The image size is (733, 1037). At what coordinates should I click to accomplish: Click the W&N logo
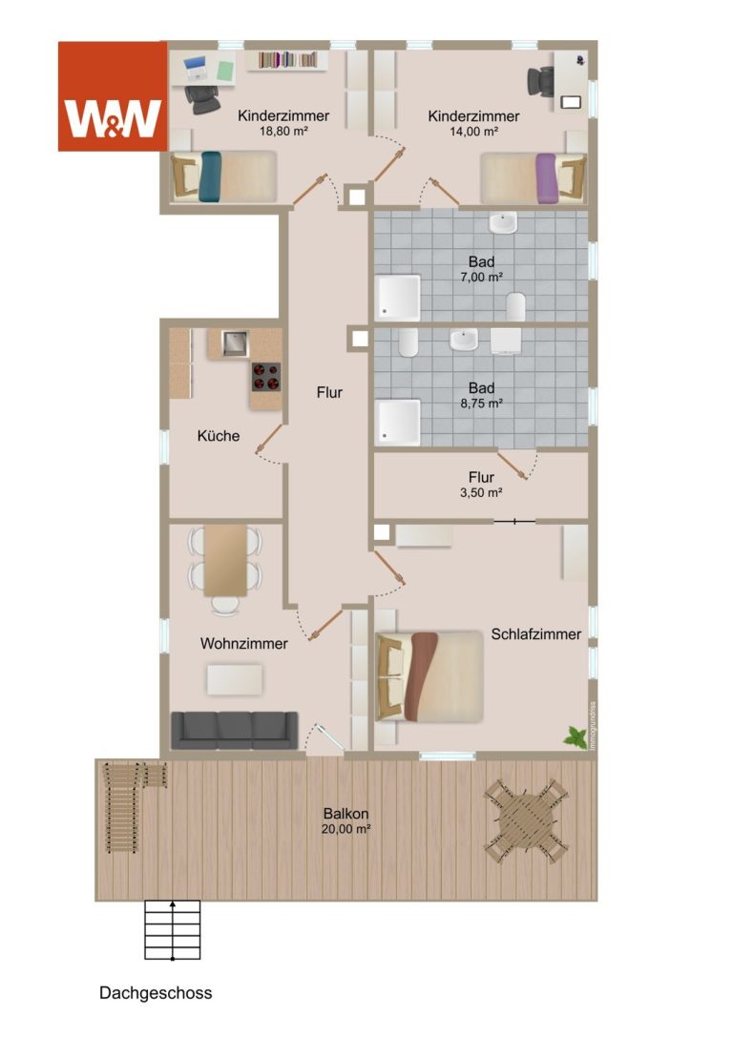click(x=113, y=96)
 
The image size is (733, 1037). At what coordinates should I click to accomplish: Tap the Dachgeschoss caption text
click(x=156, y=993)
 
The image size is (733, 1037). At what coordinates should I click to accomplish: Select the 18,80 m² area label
click(x=283, y=131)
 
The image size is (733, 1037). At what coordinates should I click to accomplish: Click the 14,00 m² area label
click(x=473, y=132)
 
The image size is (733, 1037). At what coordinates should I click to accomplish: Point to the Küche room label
click(x=219, y=436)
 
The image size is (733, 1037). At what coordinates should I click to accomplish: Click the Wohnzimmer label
click(x=244, y=644)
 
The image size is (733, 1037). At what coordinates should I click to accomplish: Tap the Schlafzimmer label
click(x=535, y=634)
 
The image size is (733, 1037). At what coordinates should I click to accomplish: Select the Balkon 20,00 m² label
click(x=346, y=820)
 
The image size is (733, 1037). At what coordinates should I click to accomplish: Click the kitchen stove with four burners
click(x=266, y=377)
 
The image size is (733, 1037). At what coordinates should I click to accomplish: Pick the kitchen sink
click(x=235, y=342)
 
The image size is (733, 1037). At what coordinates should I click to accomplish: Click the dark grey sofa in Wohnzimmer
click(x=235, y=730)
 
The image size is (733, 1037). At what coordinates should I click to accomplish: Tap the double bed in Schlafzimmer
click(x=429, y=676)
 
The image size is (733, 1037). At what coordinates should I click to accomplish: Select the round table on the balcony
click(x=526, y=821)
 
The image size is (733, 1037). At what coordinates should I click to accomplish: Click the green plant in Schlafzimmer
click(x=576, y=736)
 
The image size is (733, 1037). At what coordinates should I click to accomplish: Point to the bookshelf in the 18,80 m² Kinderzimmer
click(x=288, y=60)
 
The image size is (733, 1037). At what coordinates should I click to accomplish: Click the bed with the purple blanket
click(x=534, y=177)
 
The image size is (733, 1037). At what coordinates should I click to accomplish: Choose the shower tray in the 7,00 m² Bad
click(x=398, y=298)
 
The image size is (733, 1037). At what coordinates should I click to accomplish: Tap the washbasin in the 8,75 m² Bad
click(x=464, y=340)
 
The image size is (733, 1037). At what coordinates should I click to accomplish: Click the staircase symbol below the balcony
click(x=173, y=930)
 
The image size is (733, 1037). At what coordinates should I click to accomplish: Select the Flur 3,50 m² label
click(x=482, y=484)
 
